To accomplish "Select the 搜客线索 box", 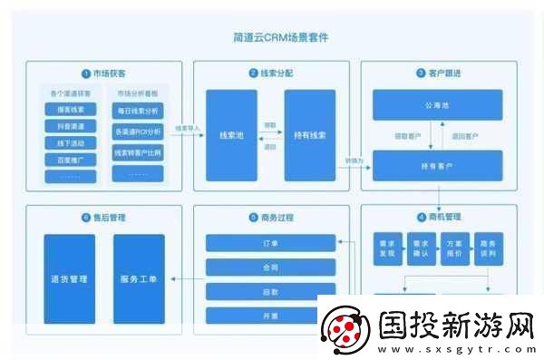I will click(x=71, y=110).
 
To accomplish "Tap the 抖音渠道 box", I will click(x=71, y=126).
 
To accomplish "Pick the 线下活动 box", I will click(x=71, y=142).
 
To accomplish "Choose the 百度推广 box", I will click(x=71, y=160).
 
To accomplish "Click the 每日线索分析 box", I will click(x=139, y=111).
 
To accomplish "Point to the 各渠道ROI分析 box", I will click(x=139, y=132).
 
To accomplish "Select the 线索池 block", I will click(x=229, y=135).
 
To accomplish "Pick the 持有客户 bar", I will click(x=439, y=167).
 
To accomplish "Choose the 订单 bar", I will click(x=268, y=243).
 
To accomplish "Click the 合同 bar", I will click(x=268, y=268).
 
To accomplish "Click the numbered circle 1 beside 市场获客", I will click(x=84, y=73).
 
